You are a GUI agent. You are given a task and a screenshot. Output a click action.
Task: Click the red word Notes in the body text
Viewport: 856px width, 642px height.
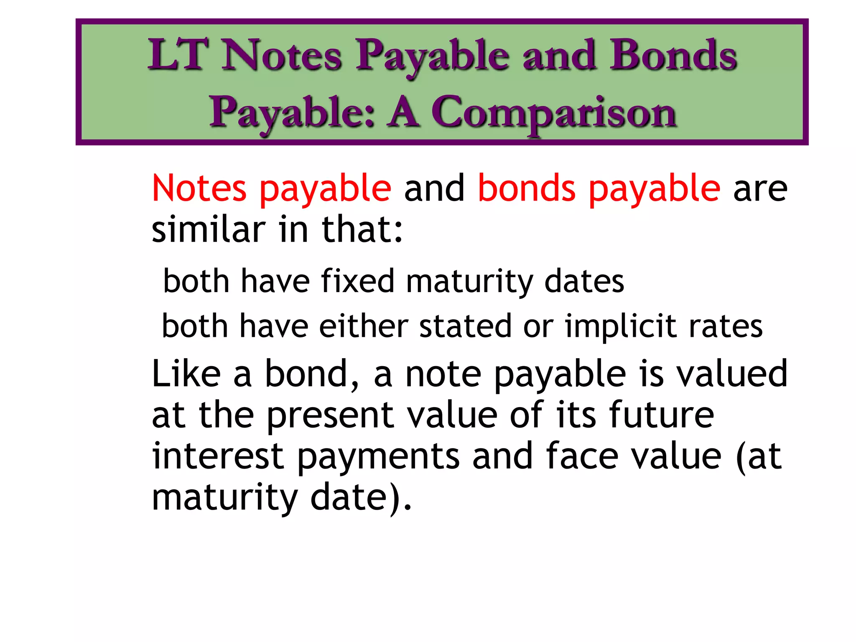click(x=199, y=188)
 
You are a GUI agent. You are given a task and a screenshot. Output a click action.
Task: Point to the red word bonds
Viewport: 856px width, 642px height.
click(x=527, y=188)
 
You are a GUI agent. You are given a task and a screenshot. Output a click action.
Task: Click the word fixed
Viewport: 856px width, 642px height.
click(x=358, y=281)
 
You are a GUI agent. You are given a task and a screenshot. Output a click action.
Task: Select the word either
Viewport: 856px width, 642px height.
click(x=364, y=326)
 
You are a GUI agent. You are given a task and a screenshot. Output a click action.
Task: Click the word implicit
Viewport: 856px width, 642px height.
click(x=621, y=326)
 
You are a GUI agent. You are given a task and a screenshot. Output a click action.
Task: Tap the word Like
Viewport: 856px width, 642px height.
click(x=186, y=373)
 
